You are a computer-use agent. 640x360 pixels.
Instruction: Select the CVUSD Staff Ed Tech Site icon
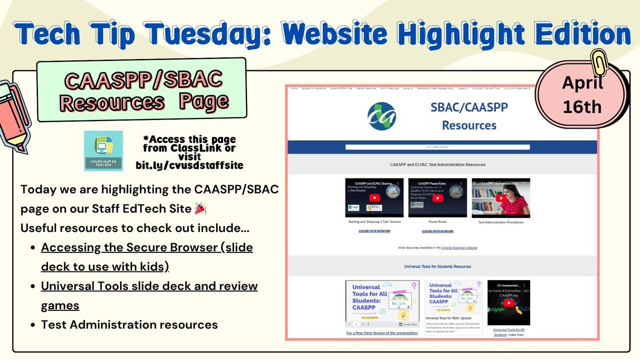point(103,151)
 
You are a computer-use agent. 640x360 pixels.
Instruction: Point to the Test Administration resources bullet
point(129,324)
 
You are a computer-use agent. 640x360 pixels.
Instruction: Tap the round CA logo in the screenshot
point(382,116)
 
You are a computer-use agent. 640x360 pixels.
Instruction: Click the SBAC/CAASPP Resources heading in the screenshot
point(469,116)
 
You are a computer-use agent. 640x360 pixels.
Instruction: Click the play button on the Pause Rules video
point(437,198)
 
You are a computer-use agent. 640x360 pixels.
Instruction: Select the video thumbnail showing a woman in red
point(501,198)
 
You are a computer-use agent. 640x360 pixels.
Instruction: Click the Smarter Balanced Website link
point(459,248)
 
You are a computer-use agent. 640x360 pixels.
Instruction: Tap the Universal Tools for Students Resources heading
point(437,266)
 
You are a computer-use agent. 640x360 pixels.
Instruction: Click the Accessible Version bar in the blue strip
point(437,147)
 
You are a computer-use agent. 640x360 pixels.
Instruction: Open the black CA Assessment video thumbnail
point(508,302)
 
